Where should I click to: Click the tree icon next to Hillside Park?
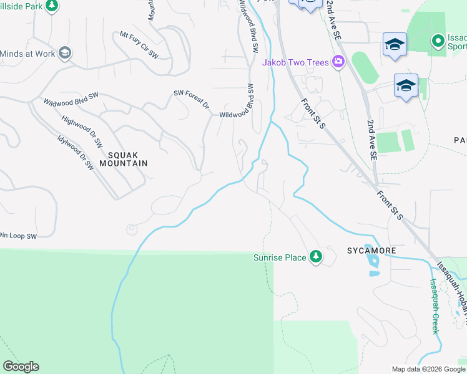52,6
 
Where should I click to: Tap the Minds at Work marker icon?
64,54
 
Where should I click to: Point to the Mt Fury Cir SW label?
139,44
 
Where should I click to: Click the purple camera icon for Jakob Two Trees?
338,62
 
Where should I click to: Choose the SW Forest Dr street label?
191,99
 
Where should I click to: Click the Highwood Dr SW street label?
82,131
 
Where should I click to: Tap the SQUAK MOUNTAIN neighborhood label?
127,158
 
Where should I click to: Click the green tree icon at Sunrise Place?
316,257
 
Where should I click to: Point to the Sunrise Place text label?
279,257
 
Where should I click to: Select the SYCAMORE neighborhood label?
371,251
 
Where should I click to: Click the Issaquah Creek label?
433,305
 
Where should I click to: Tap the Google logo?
21,367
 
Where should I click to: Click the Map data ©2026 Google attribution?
428,369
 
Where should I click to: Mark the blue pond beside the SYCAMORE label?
373,264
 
